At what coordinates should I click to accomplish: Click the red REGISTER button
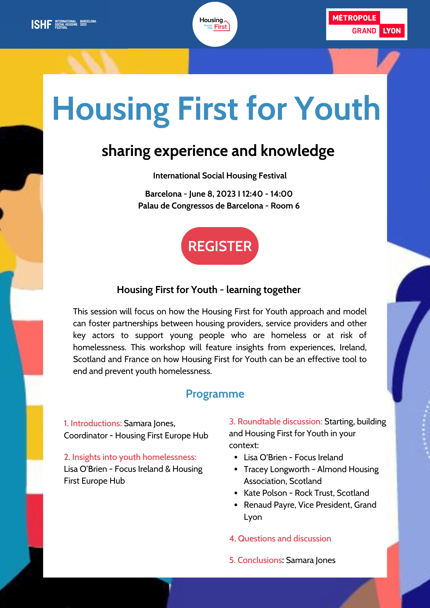tap(220, 246)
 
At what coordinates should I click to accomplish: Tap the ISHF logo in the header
tap(64, 24)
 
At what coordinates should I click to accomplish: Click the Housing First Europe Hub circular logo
tap(215, 24)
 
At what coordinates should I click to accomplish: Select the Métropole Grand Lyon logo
tap(366, 24)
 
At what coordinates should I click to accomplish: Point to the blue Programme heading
tap(215, 394)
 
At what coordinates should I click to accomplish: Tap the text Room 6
tap(285, 206)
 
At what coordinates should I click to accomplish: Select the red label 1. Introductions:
tap(93, 423)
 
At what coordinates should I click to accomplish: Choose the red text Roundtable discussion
tap(279, 421)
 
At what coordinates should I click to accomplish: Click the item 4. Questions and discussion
tap(280, 538)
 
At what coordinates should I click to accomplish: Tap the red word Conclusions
tap(260, 560)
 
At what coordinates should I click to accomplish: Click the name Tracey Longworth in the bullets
tap(277, 469)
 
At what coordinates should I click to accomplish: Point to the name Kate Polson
tap(265, 493)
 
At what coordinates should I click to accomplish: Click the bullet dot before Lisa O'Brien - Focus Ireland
tap(236, 457)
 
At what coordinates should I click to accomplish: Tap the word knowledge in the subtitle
tap(297, 151)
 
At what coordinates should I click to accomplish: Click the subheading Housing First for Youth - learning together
tap(209, 290)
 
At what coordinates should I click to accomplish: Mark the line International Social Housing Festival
tap(220, 176)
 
